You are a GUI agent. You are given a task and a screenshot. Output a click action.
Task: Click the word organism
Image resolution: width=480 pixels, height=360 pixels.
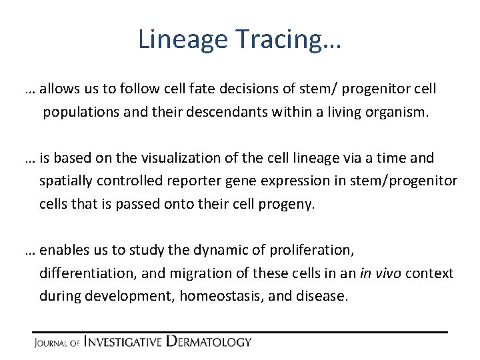(x=397, y=111)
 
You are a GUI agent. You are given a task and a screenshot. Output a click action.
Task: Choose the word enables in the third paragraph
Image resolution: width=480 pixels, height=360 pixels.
(x=64, y=250)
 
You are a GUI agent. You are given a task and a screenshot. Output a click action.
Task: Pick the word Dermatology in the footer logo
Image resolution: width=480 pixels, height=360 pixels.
(x=209, y=342)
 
